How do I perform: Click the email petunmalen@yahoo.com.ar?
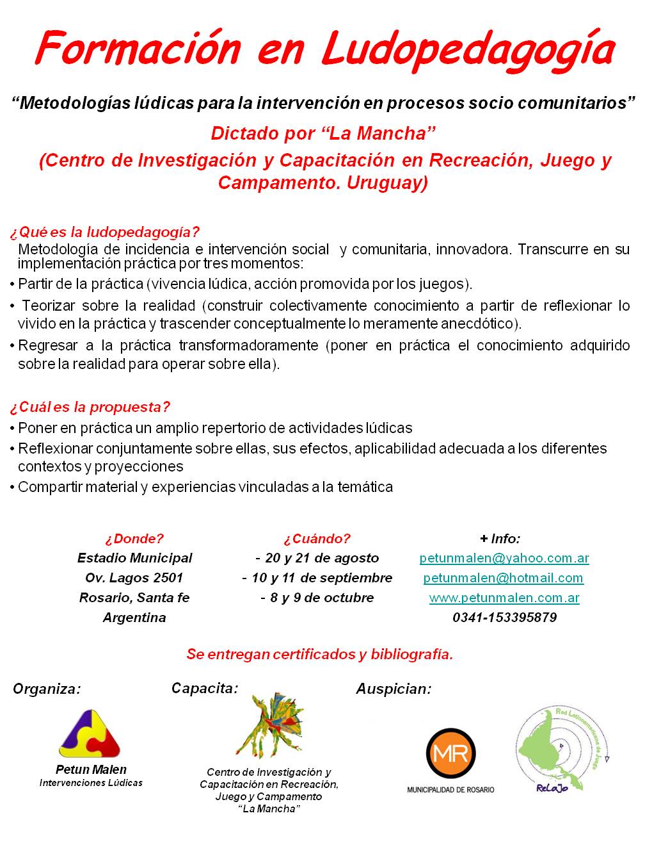(x=504, y=558)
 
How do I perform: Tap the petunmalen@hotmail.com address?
(x=503, y=578)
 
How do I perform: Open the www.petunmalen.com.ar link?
(x=504, y=598)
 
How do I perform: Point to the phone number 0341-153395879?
(x=504, y=618)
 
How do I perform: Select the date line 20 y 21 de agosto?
(x=317, y=558)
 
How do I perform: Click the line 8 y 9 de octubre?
(x=317, y=598)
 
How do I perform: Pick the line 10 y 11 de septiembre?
(x=317, y=578)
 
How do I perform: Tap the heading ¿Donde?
(x=134, y=538)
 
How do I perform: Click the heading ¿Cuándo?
(x=317, y=538)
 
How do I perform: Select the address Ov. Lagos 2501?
(x=134, y=578)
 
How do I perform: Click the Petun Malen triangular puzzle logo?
(x=90, y=734)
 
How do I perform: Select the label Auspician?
(x=394, y=689)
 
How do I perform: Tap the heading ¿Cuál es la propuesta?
(x=90, y=407)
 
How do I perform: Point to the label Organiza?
(x=47, y=690)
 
